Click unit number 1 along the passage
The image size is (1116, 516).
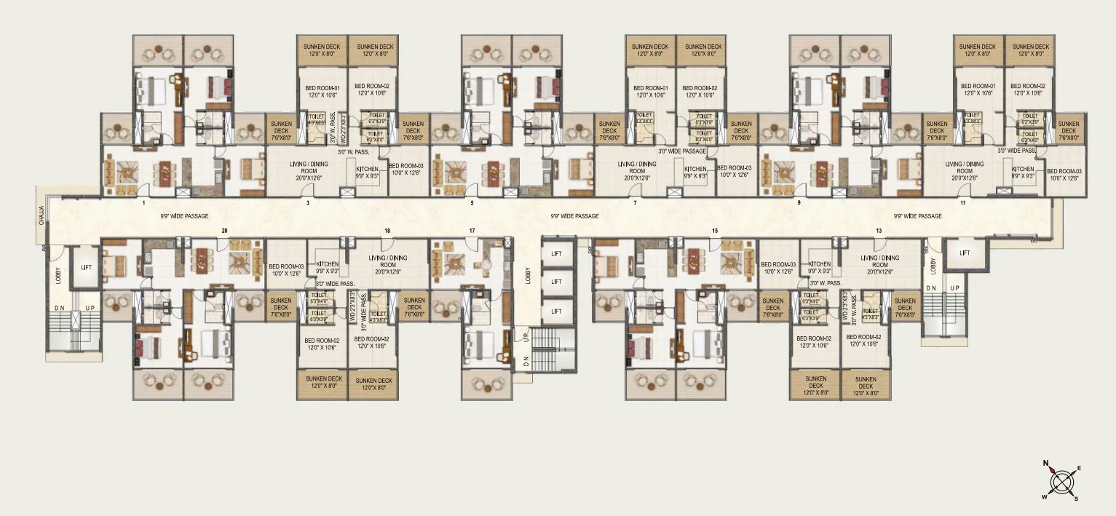click(x=144, y=202)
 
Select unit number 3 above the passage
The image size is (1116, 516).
click(x=308, y=202)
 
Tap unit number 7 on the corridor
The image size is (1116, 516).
click(x=635, y=202)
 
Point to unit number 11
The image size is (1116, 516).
click(x=962, y=202)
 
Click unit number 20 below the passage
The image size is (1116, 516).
click(x=224, y=231)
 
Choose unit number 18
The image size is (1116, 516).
click(x=387, y=231)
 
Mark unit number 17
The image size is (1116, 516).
click(x=472, y=231)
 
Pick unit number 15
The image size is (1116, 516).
click(x=715, y=231)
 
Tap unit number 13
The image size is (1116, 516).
click(x=879, y=231)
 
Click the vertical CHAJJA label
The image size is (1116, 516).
click(x=41, y=216)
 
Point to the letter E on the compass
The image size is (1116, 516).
click(x=1079, y=468)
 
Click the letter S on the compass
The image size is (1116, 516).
click(x=1076, y=499)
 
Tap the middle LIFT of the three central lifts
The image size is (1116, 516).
click(x=556, y=282)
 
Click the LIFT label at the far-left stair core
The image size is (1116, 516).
click(x=87, y=268)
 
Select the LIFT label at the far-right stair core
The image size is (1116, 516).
click(x=965, y=253)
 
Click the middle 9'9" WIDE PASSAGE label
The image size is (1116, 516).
click(x=574, y=216)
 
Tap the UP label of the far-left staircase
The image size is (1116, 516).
click(x=90, y=308)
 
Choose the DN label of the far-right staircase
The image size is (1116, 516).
click(x=930, y=288)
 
